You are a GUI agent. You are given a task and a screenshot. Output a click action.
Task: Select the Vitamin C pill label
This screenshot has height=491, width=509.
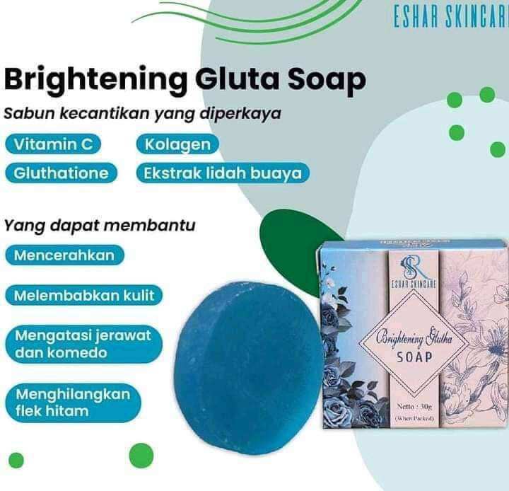point(54,144)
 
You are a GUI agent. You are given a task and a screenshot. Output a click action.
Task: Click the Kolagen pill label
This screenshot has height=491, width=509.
point(177,144)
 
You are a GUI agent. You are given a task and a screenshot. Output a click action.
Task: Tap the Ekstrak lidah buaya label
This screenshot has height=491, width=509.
point(222,173)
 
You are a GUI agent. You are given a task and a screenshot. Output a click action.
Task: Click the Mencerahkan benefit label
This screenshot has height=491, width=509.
point(64,255)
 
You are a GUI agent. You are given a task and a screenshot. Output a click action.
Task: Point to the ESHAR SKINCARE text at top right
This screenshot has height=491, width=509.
point(450,17)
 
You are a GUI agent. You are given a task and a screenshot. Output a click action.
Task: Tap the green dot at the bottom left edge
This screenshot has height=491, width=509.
point(16,461)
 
